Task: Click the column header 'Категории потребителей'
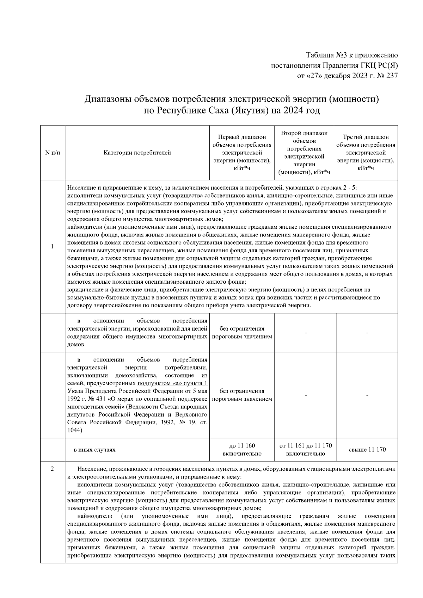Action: tap(137, 153)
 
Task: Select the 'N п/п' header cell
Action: tap(52, 153)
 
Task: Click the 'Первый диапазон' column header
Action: tap(242, 153)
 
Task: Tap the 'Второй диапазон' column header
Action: tap(304, 153)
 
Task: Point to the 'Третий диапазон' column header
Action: tap(366, 153)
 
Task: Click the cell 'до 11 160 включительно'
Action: tap(242, 450)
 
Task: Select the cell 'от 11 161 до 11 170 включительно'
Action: tap(305, 450)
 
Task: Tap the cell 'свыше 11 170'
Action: tap(367, 450)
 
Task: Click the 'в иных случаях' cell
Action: tap(94, 450)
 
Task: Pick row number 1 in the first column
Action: tap(52, 247)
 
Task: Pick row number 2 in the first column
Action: tap(52, 469)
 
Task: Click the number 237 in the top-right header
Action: tap(392, 75)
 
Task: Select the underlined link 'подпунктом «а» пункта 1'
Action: tap(172, 383)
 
